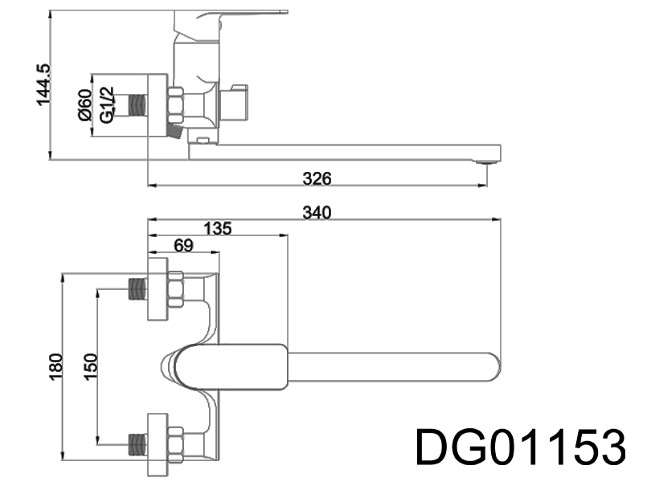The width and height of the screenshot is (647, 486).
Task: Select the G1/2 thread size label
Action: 106,104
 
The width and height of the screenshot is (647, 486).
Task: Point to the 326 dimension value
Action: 317,178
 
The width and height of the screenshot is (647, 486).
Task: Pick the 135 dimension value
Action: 216,229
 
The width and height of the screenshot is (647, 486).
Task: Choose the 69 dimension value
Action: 183,247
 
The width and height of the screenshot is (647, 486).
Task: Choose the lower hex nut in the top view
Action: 175,440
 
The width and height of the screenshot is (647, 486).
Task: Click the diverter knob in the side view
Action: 240,101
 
